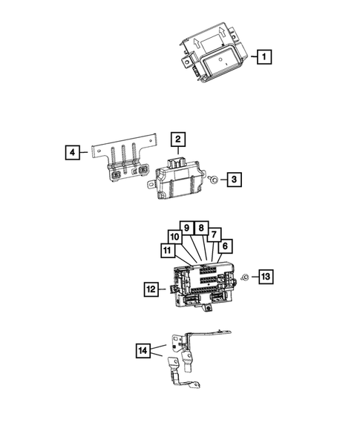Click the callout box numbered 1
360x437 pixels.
coord(264,56)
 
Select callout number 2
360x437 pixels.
coord(178,139)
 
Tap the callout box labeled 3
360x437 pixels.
coord(233,179)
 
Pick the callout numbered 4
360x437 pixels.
coord(72,153)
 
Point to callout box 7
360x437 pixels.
coord(214,234)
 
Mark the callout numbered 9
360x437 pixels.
coord(187,228)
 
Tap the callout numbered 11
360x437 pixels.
coord(162,250)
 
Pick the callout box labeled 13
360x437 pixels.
coord(265,277)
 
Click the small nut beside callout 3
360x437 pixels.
coord(213,180)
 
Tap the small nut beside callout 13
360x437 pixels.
coord(243,277)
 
